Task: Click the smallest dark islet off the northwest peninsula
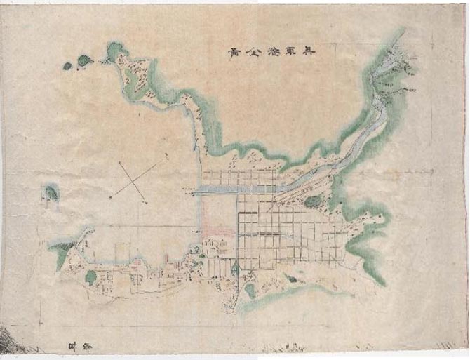67,66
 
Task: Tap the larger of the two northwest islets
83,60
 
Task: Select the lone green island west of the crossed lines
51,192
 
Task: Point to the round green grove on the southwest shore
90,277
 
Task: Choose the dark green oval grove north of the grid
314,202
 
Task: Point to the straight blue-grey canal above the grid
235,189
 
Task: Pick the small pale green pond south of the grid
250,288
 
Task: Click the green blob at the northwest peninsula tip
114,49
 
